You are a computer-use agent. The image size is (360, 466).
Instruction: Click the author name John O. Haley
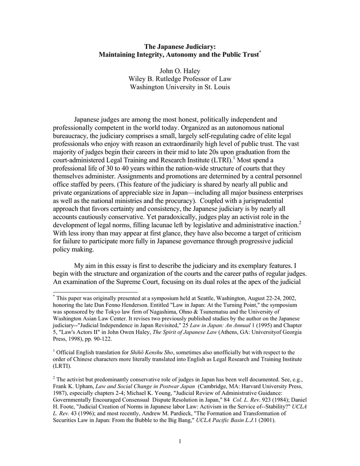tap(180, 71)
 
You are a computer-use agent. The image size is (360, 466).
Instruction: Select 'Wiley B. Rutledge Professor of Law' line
tap(180, 79)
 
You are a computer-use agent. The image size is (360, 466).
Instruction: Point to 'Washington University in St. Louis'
tap(180, 87)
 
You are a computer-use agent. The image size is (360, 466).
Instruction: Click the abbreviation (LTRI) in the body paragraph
tap(220, 161)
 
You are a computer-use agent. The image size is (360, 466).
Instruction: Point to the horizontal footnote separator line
tap(95, 292)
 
